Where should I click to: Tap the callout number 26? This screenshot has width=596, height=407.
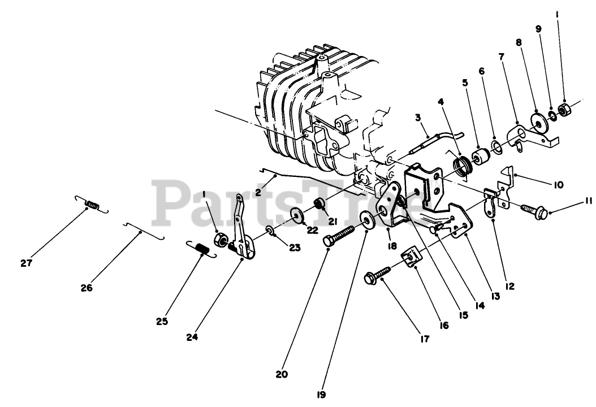point(87,288)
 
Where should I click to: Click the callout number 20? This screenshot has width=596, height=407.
point(282,374)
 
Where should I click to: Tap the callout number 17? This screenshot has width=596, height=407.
point(424,339)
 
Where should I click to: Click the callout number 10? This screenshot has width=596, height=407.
point(558,184)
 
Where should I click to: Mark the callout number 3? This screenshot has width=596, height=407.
point(417,118)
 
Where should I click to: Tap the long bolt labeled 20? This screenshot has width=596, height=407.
point(339,235)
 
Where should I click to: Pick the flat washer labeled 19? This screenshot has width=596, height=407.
point(367,219)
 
